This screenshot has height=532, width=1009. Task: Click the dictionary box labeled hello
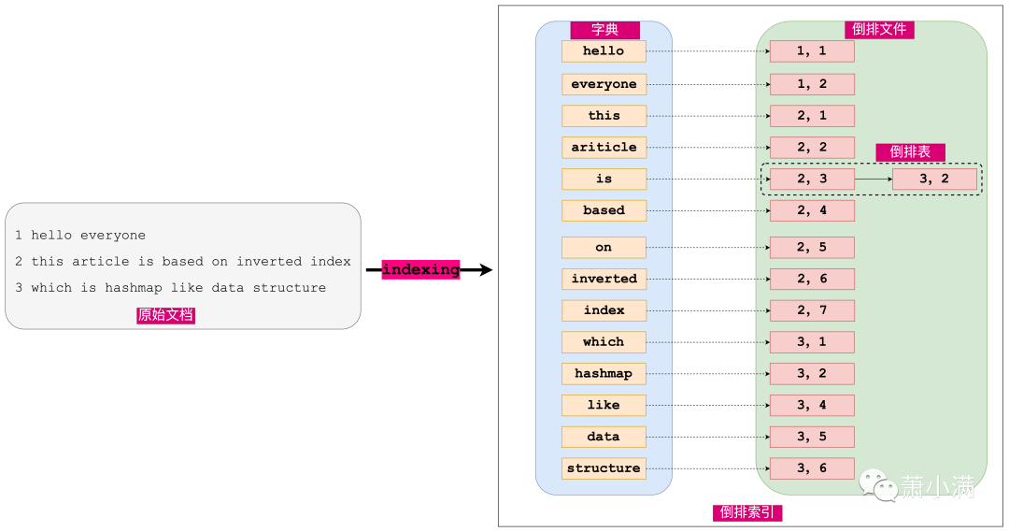pyautogui.click(x=604, y=51)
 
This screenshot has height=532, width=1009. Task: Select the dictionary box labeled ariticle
pyautogui.click(x=604, y=148)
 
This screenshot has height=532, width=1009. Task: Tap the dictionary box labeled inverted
pyautogui.click(x=604, y=279)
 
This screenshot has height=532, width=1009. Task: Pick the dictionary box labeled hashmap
pyautogui.click(x=604, y=374)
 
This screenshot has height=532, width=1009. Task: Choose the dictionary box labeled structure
pyautogui.click(x=604, y=468)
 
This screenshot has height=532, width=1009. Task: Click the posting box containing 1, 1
pyautogui.click(x=812, y=51)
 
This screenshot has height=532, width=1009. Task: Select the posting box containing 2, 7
pyautogui.click(x=812, y=310)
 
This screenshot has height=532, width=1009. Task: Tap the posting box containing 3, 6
pyautogui.click(x=812, y=468)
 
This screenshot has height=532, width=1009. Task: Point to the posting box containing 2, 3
pyautogui.click(x=812, y=180)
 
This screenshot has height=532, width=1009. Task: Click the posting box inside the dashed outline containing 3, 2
pyautogui.click(x=934, y=180)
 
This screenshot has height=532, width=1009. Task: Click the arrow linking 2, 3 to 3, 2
pyautogui.click(x=874, y=180)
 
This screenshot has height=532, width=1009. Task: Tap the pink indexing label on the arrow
pyautogui.click(x=420, y=269)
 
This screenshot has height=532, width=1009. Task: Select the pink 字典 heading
pyautogui.click(x=604, y=30)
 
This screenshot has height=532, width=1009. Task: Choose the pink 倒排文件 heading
pyautogui.click(x=879, y=29)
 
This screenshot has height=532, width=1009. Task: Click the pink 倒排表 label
pyautogui.click(x=911, y=152)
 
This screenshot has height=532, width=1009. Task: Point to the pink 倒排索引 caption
pyautogui.click(x=747, y=512)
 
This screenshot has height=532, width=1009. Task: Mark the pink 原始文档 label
pyautogui.click(x=165, y=315)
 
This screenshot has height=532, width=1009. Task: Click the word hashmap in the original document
pyautogui.click(x=134, y=288)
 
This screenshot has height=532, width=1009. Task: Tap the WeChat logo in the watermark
pyautogui.click(x=878, y=485)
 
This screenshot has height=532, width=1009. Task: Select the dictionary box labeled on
pyautogui.click(x=604, y=248)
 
